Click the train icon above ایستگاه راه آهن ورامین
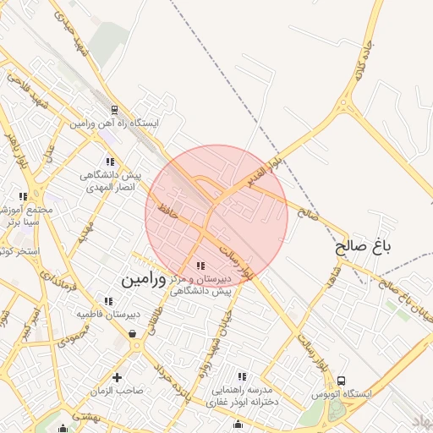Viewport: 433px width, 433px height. [115, 110]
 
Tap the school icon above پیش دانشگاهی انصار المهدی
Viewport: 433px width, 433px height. [109, 162]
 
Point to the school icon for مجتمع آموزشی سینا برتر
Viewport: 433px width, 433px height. [23, 197]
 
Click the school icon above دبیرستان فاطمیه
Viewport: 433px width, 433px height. [107, 301]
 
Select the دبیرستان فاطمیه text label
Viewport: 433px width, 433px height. [108, 314]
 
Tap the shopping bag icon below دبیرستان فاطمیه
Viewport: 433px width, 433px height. [133, 333]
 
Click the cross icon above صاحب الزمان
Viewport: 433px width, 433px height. [117, 377]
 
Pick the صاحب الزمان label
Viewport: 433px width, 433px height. [119, 391]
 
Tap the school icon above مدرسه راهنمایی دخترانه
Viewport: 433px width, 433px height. [242, 376]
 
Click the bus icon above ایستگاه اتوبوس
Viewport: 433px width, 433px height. [341, 381]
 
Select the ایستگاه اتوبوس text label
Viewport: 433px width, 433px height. [364, 395]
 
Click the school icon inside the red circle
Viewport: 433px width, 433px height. [200, 266]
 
